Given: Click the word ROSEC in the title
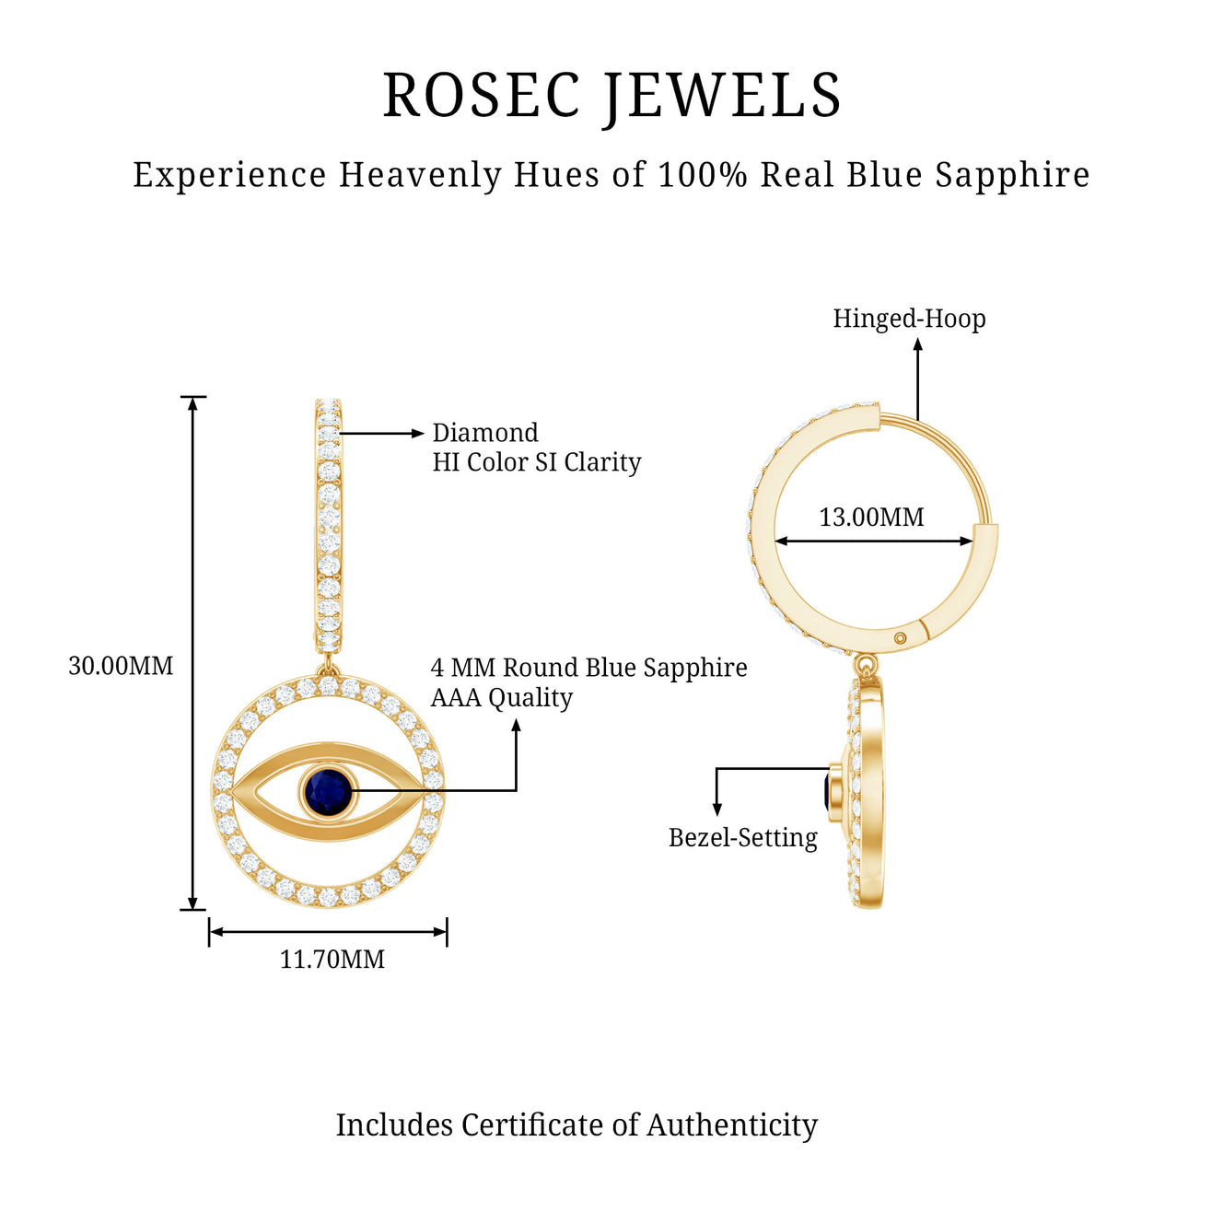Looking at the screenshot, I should pos(481,96).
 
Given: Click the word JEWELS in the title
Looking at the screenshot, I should pos(723,96).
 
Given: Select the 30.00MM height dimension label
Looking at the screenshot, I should pos(121,666).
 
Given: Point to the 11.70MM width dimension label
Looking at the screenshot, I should pos(332,960).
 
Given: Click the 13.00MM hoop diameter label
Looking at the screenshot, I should pos(871,518).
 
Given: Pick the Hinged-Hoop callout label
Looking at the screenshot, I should pos(909,319).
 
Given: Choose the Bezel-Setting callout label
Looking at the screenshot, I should pos(743,838).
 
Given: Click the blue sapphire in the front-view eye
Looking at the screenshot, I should pos(328,791).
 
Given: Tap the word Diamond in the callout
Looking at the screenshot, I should pos(485,433).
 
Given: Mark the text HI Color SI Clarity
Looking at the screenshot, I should pos(537,462).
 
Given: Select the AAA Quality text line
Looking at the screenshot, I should pos(502,698).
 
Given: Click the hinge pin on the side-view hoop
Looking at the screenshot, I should pos(901,638).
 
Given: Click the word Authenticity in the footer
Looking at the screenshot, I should pos(732,1125).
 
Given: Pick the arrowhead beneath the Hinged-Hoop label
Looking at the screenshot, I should pos(917,344).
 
